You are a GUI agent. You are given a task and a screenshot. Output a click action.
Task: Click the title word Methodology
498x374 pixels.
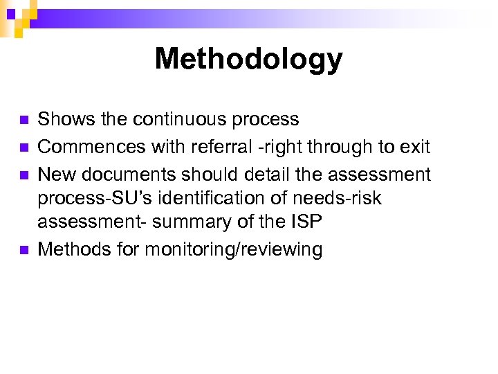(248, 59)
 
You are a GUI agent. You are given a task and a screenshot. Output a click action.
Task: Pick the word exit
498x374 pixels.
(416, 147)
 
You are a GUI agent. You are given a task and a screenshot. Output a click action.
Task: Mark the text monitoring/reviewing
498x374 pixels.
(233, 250)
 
